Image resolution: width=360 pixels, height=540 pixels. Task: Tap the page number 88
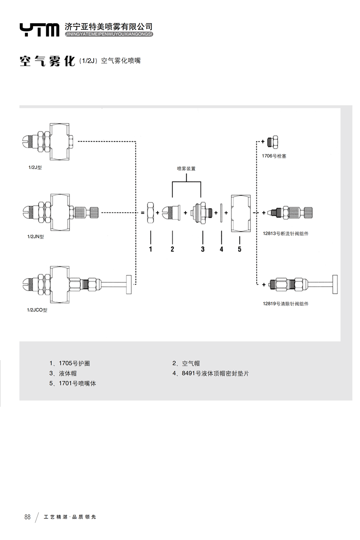click(28, 517)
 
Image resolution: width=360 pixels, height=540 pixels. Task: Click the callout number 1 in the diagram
click(150, 249)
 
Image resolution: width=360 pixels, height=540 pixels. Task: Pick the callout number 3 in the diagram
click(202, 249)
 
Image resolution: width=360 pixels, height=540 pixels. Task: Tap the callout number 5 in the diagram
click(239, 249)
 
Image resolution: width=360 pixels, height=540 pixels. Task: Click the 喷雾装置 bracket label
click(186, 168)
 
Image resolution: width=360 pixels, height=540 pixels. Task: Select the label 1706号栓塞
click(274, 156)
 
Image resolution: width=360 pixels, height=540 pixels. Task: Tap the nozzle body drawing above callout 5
click(240, 213)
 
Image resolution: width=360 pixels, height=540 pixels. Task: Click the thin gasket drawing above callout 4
click(221, 212)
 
